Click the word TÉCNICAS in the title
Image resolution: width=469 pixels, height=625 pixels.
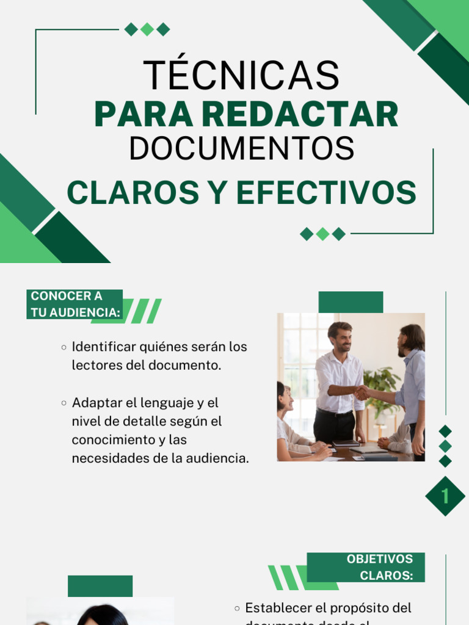(241, 75)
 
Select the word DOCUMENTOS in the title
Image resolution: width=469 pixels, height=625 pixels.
(242, 148)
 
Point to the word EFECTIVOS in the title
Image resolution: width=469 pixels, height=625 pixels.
(326, 193)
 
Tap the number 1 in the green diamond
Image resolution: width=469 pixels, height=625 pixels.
(445, 496)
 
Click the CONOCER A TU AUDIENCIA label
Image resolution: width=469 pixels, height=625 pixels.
(74, 304)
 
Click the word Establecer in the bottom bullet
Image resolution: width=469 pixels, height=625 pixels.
(278, 608)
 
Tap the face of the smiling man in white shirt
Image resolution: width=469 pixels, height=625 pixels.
(340, 338)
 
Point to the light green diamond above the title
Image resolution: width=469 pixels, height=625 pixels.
(147, 29)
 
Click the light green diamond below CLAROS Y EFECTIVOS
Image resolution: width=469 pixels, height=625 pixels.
(322, 234)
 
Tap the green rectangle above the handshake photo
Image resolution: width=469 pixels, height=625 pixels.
(351, 302)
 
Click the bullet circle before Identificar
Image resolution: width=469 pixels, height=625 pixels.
(64, 347)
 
